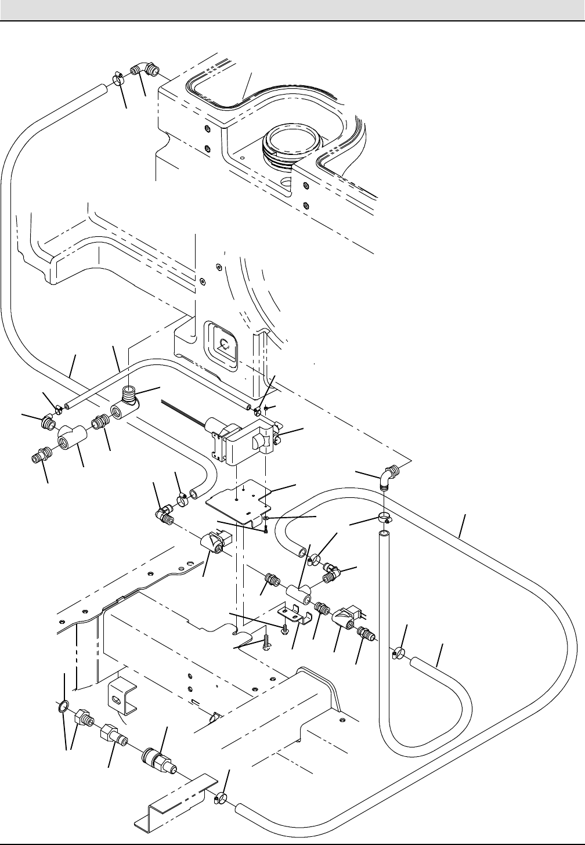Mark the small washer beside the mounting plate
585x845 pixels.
(266, 517)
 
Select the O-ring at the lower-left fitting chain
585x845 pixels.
(63, 707)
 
